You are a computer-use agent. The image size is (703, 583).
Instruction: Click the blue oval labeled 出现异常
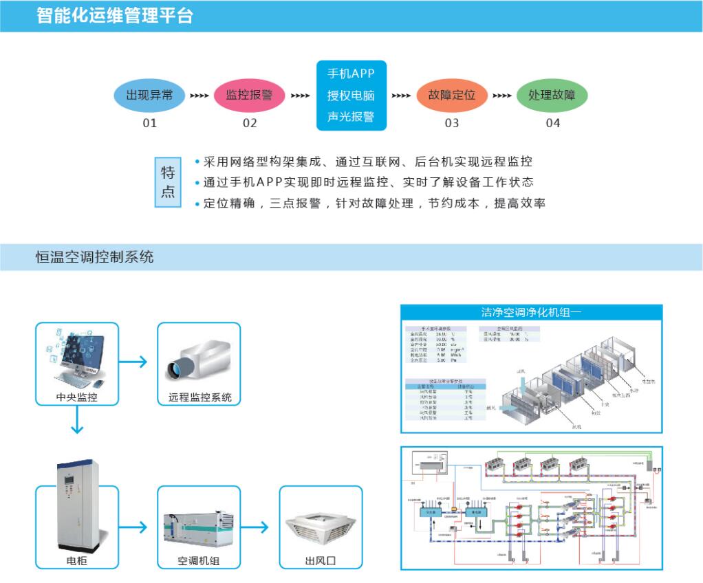pos(149,96)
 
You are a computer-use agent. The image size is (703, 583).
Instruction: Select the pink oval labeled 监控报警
pos(250,96)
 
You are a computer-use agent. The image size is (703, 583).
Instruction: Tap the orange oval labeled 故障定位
pos(451,96)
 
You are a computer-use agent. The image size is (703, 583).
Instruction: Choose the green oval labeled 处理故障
pos(552,96)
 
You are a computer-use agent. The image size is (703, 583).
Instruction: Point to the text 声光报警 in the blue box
pos(351,116)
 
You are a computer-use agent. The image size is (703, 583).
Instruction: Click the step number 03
pos(451,123)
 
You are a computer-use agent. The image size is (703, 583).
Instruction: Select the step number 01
pos(149,123)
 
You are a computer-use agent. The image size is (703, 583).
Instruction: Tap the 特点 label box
pos(168,182)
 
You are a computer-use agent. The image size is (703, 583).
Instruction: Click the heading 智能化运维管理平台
pos(115,16)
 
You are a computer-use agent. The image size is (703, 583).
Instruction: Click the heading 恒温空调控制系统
pos(95,257)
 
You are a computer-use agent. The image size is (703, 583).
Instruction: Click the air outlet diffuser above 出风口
pos(320,529)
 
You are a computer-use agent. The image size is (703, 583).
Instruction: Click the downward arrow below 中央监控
pos(77,420)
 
